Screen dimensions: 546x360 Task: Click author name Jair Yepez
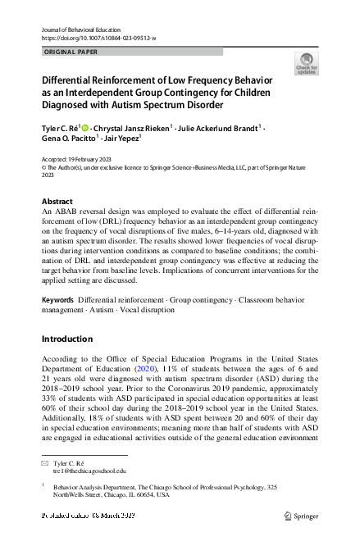(121, 139)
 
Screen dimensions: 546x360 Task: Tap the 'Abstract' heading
(57, 201)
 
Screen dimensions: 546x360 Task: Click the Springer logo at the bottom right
(303, 518)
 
